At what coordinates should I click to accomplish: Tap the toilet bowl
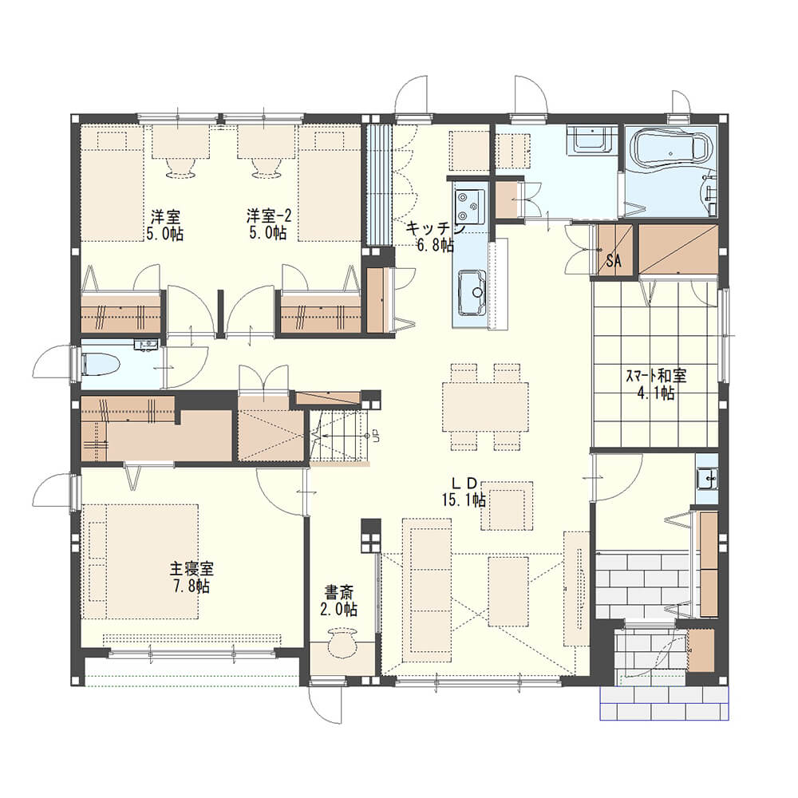point(101,365)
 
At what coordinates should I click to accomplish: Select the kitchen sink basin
point(472,293)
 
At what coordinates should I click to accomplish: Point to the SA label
point(614,261)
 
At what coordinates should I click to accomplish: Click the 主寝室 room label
point(192,568)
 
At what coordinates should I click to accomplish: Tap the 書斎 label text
point(339,592)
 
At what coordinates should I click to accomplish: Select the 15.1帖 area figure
point(464,500)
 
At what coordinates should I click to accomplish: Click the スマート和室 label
point(655,376)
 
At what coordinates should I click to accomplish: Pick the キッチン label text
point(435,228)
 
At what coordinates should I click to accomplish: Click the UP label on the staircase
point(376,436)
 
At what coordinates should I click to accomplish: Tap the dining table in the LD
point(485,407)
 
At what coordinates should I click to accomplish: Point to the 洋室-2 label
point(269,216)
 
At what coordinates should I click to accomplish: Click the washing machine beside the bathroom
point(591,139)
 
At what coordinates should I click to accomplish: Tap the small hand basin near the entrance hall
point(707,478)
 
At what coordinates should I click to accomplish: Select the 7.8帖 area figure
point(192,586)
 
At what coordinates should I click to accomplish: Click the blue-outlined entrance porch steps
point(665,703)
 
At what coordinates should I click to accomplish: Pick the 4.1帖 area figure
point(656,393)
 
